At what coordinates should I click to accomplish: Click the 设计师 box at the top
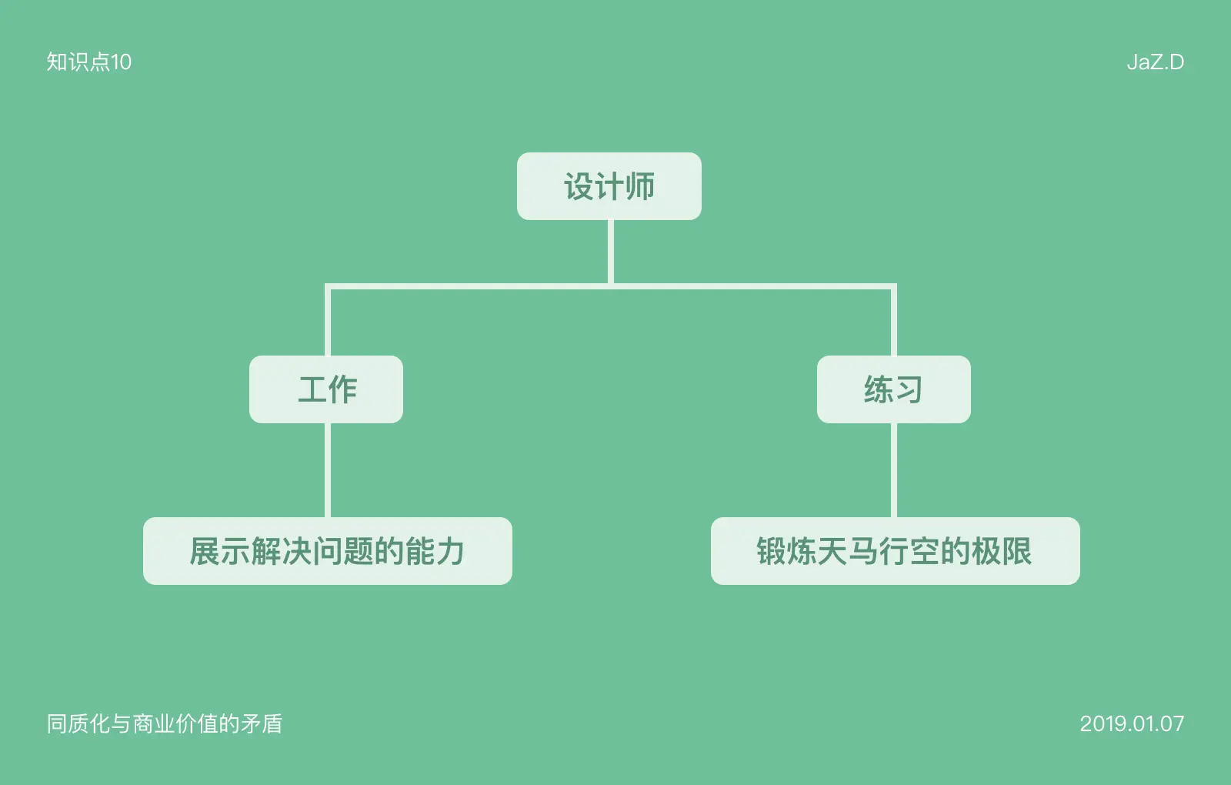(609, 186)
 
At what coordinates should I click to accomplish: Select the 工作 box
(326, 389)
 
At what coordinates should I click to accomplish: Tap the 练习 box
(893, 389)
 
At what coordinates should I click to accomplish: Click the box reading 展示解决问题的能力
(327, 551)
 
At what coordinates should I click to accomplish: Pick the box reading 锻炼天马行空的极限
(895, 551)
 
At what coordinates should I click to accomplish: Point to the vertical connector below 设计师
(611, 252)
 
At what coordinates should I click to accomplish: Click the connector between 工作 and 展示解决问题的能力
(328, 469)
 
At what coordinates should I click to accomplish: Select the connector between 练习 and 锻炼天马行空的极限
(894, 469)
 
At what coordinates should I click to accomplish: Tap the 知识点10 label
(88, 62)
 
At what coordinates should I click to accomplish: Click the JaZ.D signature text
(1155, 62)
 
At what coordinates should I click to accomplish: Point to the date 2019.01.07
(1132, 723)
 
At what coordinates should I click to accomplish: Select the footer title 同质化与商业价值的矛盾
(165, 723)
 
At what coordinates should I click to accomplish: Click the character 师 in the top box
(640, 186)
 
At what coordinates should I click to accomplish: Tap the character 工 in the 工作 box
(312, 389)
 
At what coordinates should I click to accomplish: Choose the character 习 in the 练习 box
(909, 389)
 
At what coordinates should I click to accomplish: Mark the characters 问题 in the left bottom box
(342, 551)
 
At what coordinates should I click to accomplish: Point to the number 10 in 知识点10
(122, 62)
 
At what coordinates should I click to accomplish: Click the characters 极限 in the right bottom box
(1002, 551)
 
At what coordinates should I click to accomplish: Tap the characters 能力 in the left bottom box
(435, 551)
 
